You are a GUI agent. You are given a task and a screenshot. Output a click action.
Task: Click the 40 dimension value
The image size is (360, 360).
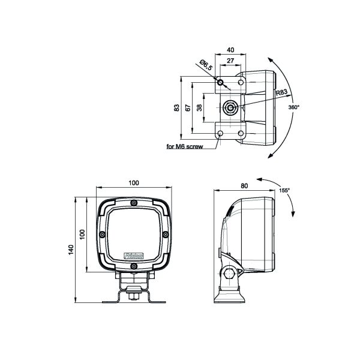[230, 50]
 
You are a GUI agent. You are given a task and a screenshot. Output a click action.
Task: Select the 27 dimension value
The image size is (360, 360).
[230, 61]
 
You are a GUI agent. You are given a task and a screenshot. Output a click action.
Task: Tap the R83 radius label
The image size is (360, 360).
[281, 93]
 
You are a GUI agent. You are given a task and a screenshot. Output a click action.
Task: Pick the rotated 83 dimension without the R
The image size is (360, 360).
[176, 108]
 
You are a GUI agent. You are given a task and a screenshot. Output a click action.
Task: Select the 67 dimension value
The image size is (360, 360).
[188, 108]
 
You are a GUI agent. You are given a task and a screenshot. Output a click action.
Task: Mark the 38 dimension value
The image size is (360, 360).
[199, 108]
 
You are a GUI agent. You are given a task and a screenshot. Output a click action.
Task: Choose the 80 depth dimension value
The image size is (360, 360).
[244, 185]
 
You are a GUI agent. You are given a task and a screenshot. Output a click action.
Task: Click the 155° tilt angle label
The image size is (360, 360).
[284, 190]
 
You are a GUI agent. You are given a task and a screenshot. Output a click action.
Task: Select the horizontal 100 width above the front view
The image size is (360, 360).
[134, 183]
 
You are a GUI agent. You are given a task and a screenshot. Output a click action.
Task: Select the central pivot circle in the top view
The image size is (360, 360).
[230, 108]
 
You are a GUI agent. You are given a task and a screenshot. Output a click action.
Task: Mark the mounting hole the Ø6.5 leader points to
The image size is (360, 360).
[221, 82]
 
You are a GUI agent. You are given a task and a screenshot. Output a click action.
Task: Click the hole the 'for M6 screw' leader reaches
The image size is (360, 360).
[220, 133]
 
